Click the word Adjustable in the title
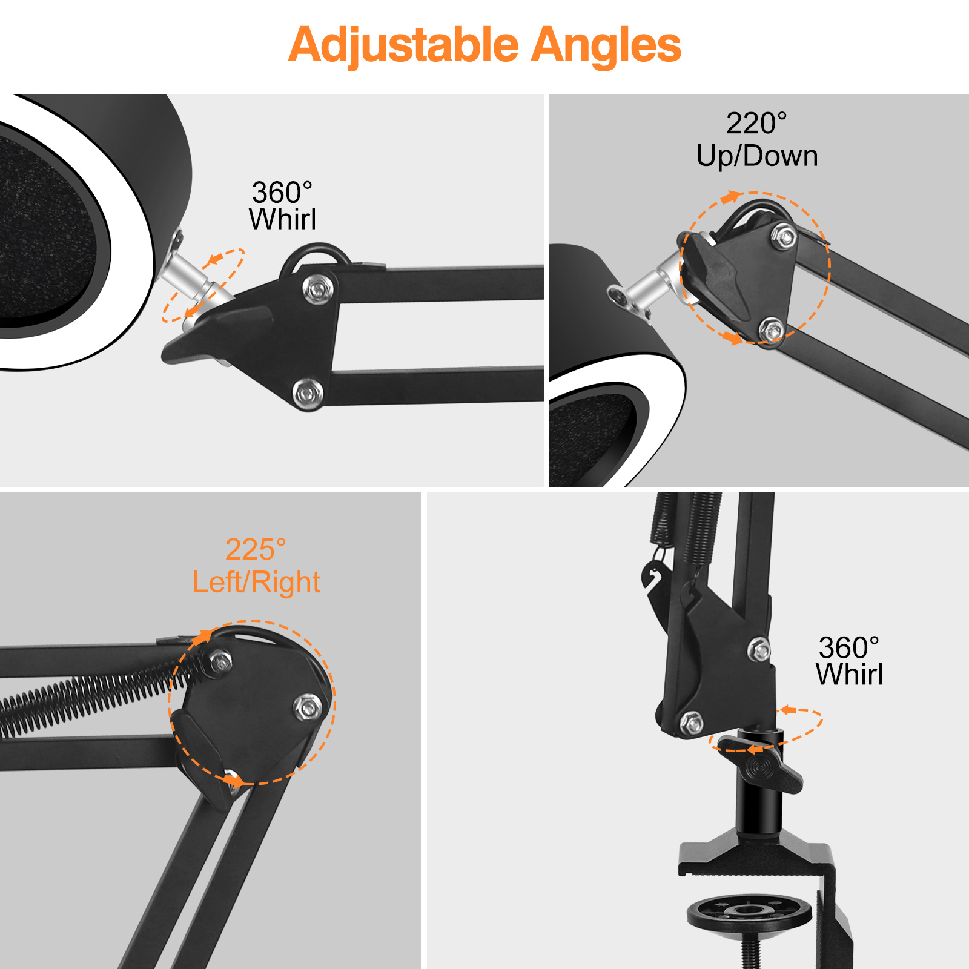[404, 46]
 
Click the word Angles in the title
[606, 46]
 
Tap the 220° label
[756, 123]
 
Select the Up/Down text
[757, 156]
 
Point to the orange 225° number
[256, 549]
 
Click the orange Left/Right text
[256, 582]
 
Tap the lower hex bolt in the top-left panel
[308, 394]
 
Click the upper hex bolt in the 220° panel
[785, 236]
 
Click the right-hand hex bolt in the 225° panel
[308, 707]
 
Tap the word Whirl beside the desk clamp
[849, 674]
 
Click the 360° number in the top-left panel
[282, 193]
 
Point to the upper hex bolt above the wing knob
[759, 649]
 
